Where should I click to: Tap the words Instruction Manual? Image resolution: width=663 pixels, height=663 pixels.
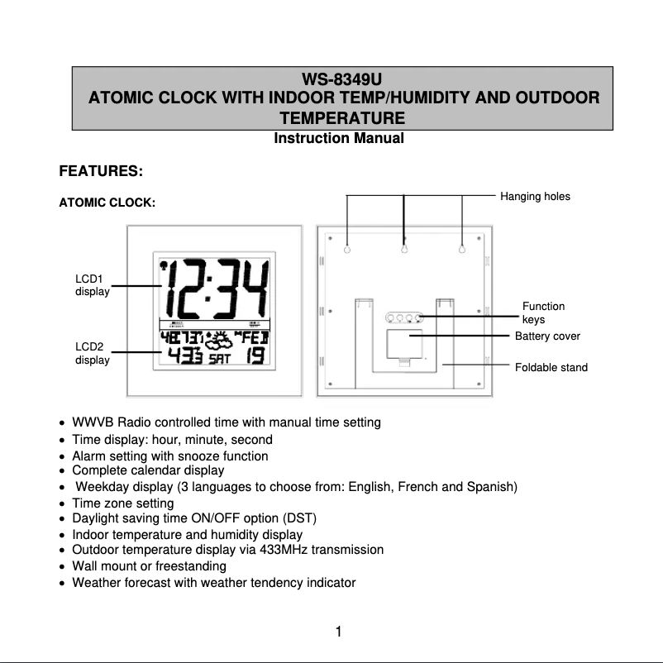(339, 138)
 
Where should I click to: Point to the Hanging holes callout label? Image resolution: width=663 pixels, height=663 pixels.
(535, 197)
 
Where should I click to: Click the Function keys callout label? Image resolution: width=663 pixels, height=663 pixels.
(543, 312)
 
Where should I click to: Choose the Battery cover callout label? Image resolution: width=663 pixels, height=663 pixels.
(547, 336)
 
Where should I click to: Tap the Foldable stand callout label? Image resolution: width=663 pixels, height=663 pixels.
(551, 367)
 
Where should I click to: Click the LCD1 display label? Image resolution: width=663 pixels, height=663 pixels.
(92, 285)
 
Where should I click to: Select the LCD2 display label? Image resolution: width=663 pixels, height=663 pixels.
(92, 353)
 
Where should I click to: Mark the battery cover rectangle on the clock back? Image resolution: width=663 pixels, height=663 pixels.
(404, 344)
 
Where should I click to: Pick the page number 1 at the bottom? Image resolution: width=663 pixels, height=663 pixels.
(339, 633)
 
